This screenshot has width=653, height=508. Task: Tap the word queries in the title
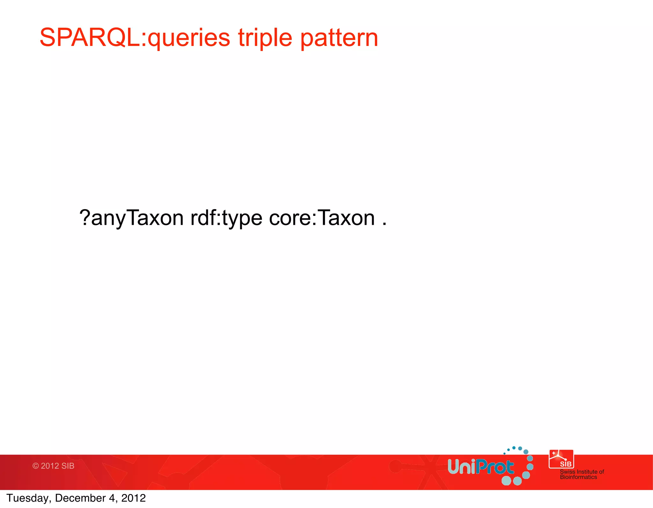189,38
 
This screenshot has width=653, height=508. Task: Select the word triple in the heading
265,38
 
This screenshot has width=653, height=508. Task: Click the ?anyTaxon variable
131,218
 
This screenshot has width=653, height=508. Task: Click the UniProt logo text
481,467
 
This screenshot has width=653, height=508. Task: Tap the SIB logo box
561,459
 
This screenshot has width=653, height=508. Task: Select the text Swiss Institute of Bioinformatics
582,474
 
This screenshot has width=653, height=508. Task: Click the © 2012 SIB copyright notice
53,466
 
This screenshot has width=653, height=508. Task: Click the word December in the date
80,498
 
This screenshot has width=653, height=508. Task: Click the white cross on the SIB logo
554,453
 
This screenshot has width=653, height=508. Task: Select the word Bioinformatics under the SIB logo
578,477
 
